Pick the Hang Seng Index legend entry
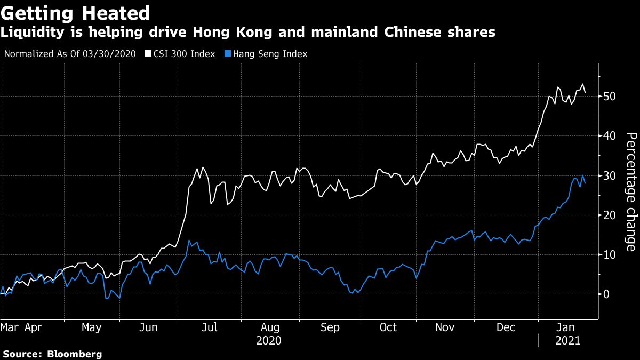click(270, 54)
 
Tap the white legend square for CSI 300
click(148, 54)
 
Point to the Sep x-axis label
click(330, 327)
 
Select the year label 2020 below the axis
click(269, 340)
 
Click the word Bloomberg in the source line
click(75, 354)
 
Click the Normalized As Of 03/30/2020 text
click(70, 54)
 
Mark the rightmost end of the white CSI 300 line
click(586, 93)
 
